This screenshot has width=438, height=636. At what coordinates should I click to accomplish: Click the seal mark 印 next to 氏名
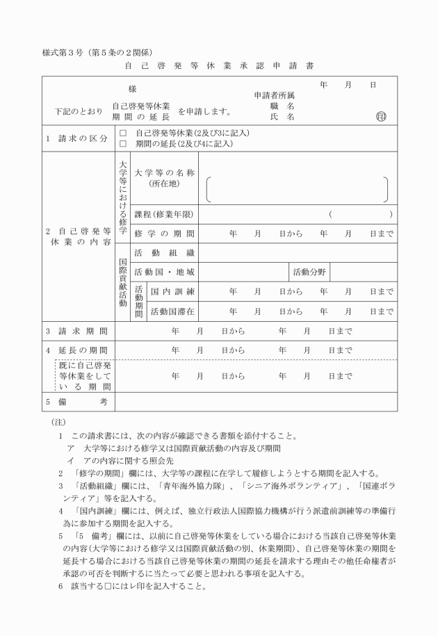(380, 117)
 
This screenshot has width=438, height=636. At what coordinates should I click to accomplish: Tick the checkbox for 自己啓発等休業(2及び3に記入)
(123, 132)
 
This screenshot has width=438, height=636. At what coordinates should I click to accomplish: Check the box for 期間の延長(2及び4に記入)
(123, 144)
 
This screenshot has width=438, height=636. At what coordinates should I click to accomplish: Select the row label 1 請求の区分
(77, 138)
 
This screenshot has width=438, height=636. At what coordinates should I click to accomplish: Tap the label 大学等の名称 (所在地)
(164, 177)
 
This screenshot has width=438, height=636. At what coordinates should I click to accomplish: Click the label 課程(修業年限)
(164, 214)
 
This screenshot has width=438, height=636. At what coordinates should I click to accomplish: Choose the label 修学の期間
(164, 234)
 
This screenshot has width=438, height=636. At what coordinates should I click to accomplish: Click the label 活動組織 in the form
(164, 252)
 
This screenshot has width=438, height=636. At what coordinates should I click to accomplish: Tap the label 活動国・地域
(164, 272)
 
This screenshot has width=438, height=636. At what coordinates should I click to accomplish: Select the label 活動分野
(309, 272)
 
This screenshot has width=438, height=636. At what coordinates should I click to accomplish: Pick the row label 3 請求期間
(77, 331)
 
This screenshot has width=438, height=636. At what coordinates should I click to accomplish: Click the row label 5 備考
(77, 402)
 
